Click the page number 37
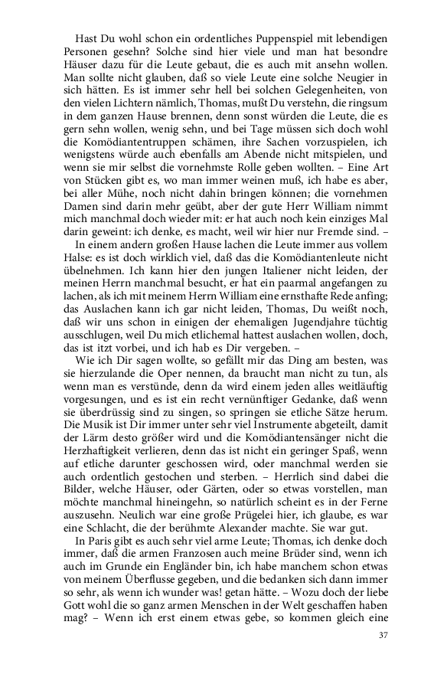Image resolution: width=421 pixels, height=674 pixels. pyautogui.click(x=384, y=656)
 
